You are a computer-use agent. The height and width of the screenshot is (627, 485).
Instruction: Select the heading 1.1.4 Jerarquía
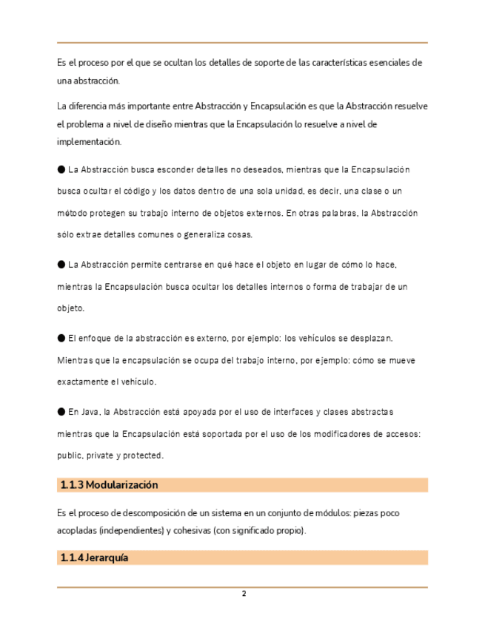click(x=94, y=558)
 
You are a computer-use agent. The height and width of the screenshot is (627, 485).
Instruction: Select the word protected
click(x=144, y=455)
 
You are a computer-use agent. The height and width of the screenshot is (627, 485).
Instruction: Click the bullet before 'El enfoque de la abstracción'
click(x=61, y=338)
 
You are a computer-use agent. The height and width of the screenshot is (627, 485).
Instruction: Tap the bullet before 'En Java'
click(x=61, y=411)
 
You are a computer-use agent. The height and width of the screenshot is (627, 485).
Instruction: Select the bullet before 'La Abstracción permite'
click(x=61, y=264)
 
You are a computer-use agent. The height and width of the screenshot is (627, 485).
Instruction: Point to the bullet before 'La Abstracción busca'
click(x=61, y=169)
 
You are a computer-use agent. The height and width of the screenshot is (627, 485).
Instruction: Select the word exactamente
click(x=84, y=382)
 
